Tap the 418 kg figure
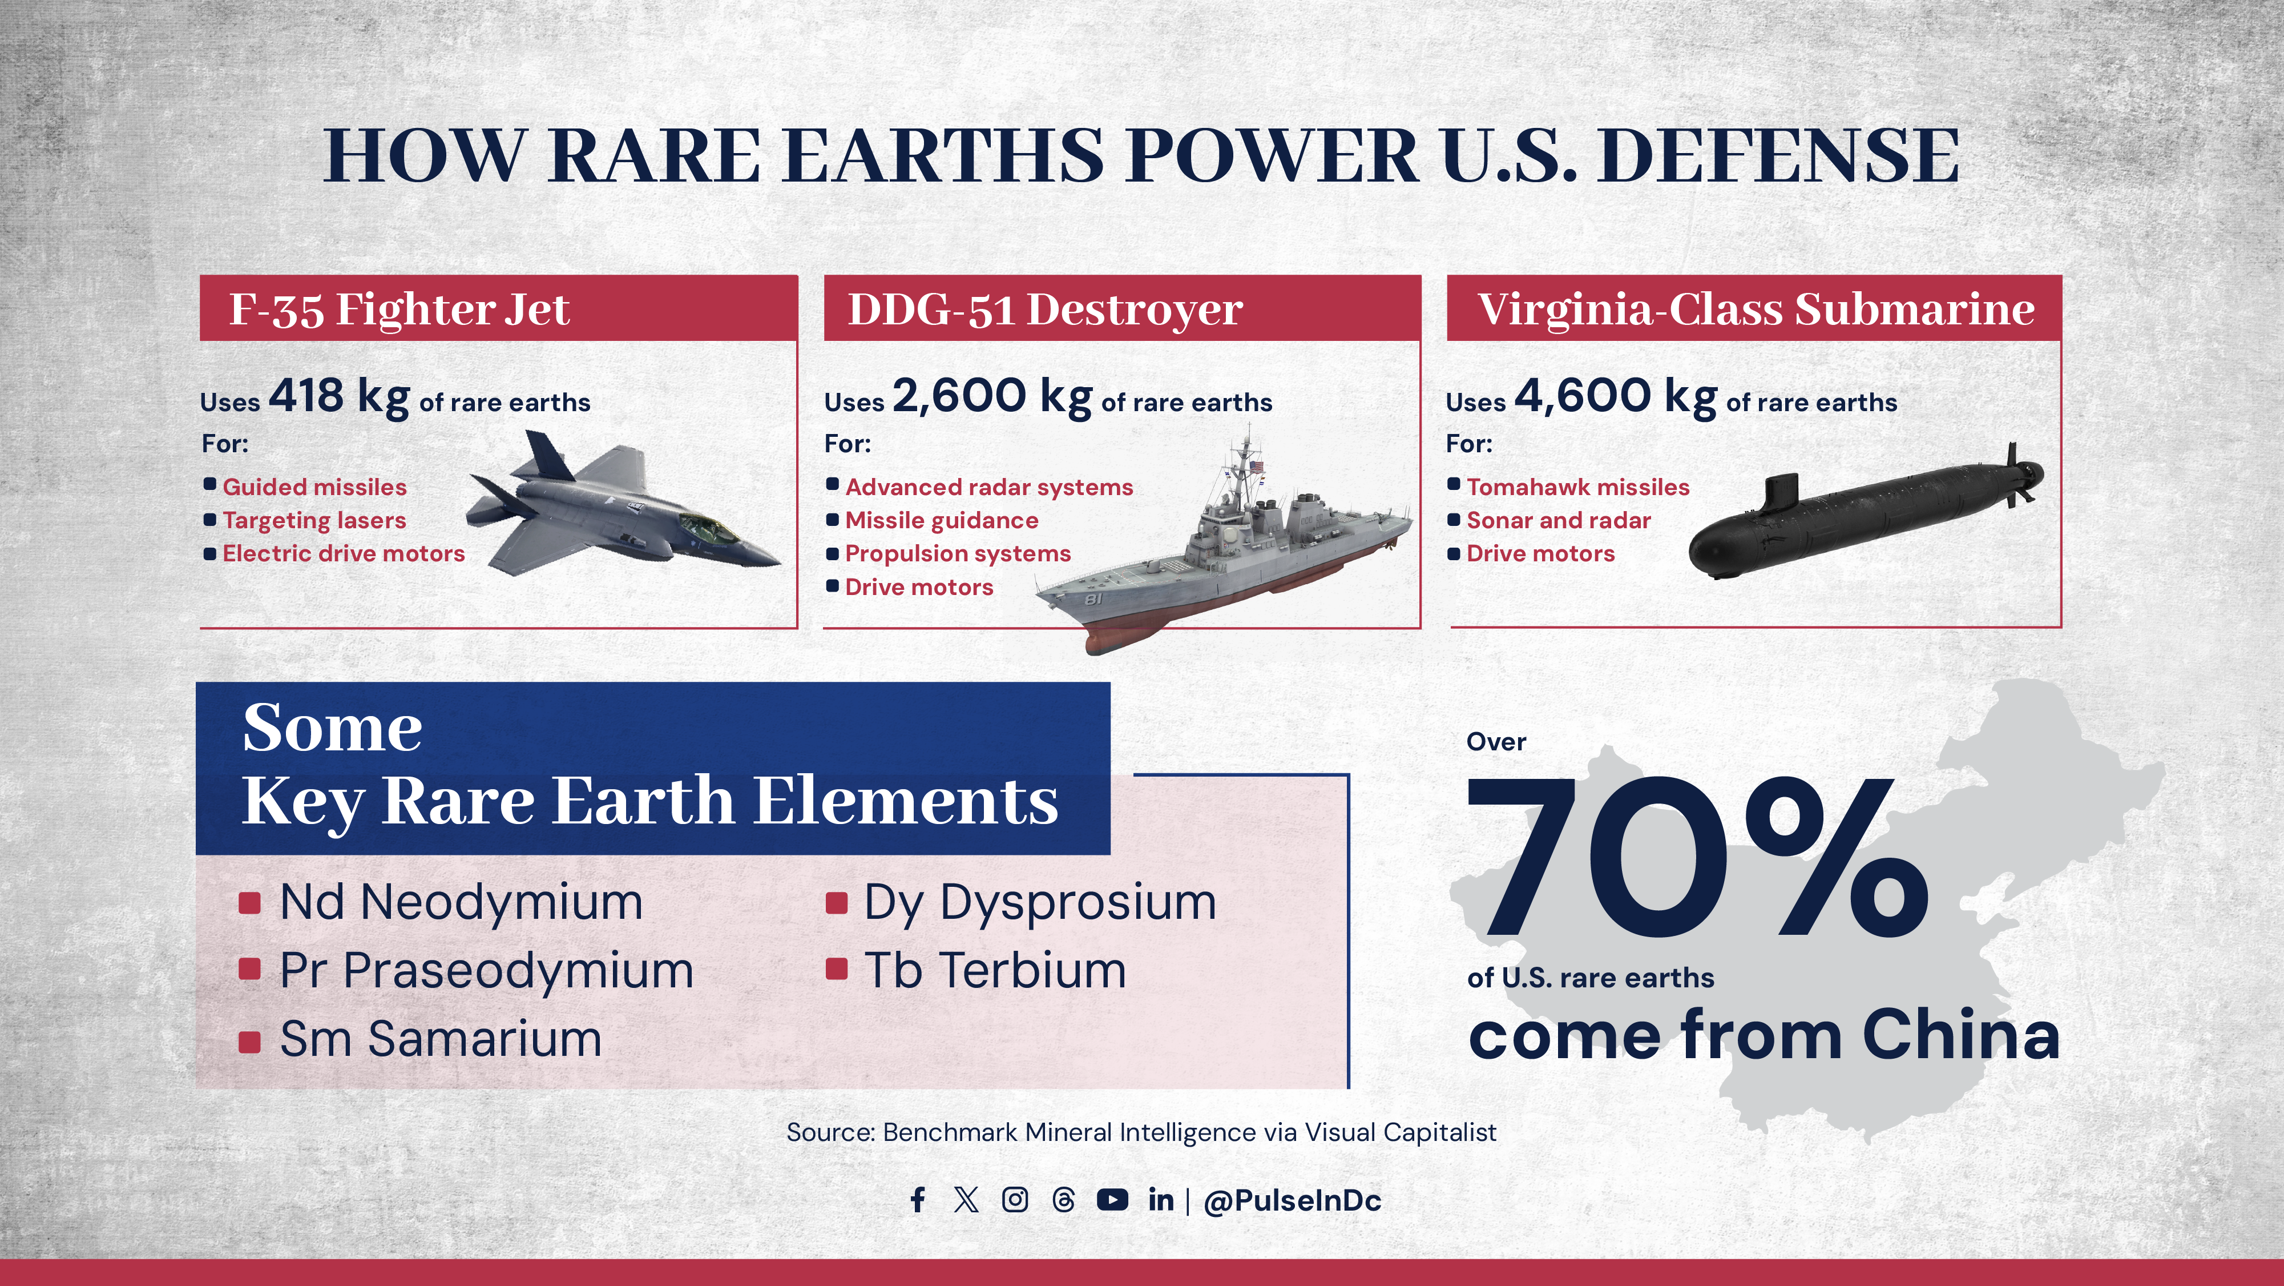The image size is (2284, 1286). point(338,396)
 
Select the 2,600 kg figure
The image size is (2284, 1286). point(991,396)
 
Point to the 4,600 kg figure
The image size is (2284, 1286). point(1616,396)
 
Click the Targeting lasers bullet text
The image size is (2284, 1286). point(314,521)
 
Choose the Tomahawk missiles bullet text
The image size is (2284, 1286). point(1577,487)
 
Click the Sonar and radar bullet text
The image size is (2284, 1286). point(1558,521)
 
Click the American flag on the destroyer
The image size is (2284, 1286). point(1256,467)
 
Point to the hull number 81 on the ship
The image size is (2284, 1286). point(1093,600)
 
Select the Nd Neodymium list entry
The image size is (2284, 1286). point(460,902)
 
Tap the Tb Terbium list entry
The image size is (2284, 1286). point(995,970)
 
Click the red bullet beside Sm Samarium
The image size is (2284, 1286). point(250,1041)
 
